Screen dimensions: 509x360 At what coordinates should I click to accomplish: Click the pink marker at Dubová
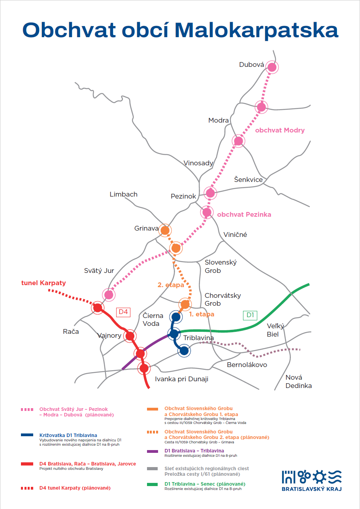(x=272, y=67)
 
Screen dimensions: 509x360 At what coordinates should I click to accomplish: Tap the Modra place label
(x=219, y=120)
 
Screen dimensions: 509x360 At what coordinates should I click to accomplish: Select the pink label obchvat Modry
(x=280, y=130)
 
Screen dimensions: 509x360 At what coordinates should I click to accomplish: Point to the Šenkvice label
(x=248, y=180)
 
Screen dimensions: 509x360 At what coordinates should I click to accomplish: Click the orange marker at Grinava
(x=165, y=230)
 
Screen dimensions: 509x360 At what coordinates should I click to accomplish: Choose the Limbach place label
(x=123, y=194)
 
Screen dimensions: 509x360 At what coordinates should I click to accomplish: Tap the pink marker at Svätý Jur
(x=109, y=294)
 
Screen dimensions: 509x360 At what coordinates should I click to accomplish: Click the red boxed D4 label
(x=123, y=312)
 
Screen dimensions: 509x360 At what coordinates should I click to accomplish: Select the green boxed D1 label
(x=250, y=315)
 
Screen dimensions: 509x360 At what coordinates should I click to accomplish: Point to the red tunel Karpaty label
(x=43, y=283)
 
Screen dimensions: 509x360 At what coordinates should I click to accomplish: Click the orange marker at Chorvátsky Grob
(x=185, y=304)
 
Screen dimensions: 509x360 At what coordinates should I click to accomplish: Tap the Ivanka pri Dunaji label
(x=181, y=379)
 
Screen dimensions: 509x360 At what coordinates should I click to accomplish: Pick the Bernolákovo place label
(x=247, y=365)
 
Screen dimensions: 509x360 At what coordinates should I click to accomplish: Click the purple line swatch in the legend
(x=153, y=450)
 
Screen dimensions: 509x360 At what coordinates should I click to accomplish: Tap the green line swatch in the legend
(x=153, y=484)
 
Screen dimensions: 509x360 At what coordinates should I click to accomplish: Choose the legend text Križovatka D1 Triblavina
(x=68, y=435)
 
